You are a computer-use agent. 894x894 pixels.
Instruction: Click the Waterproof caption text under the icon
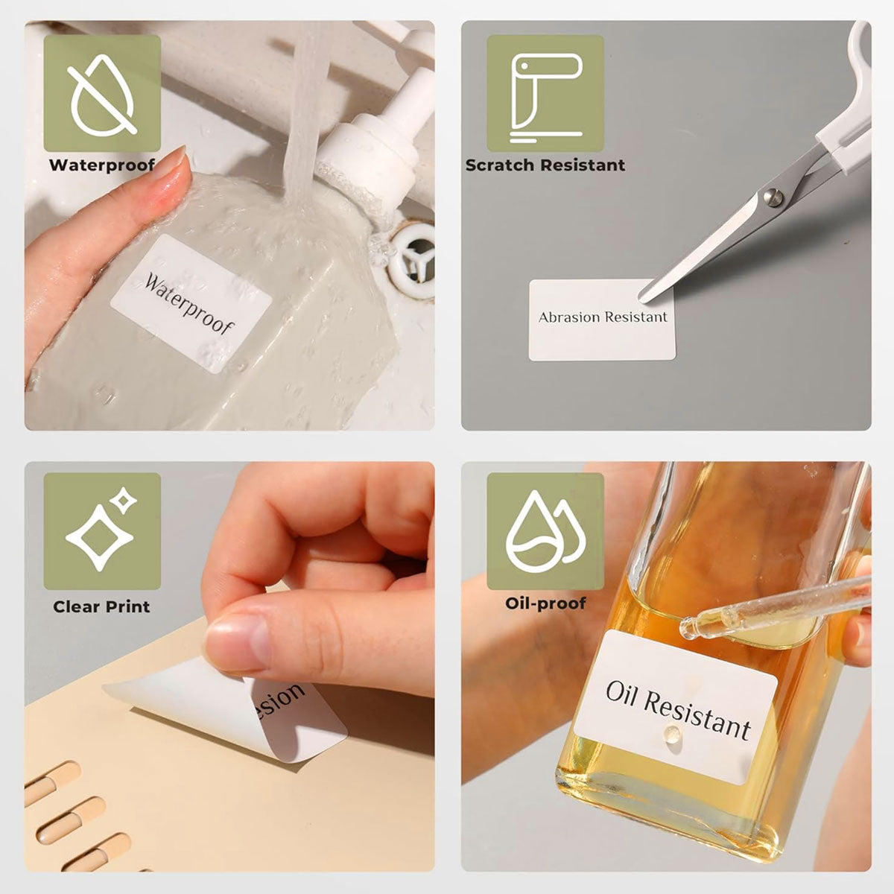tap(102, 165)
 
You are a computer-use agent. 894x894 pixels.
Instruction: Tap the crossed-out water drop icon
tap(102, 93)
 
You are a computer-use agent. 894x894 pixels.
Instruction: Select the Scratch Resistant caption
tap(545, 165)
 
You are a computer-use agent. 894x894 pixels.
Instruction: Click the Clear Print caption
tap(101, 606)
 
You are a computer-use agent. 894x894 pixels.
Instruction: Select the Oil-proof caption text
tap(545, 603)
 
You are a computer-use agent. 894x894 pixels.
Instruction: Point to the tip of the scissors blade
tap(642, 299)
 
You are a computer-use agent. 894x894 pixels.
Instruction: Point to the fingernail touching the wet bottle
tap(173, 170)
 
